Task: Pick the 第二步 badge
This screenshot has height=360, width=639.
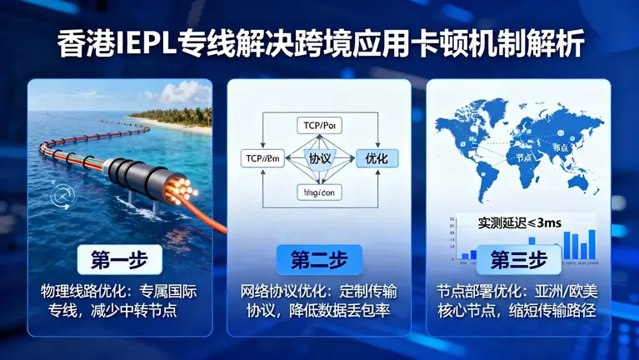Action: (x=319, y=259)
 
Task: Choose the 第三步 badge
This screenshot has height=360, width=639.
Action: (x=518, y=259)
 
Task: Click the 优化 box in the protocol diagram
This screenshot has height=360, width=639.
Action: (x=377, y=157)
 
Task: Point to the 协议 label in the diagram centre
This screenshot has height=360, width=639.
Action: (x=319, y=157)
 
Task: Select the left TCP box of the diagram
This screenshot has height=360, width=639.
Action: (x=260, y=157)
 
